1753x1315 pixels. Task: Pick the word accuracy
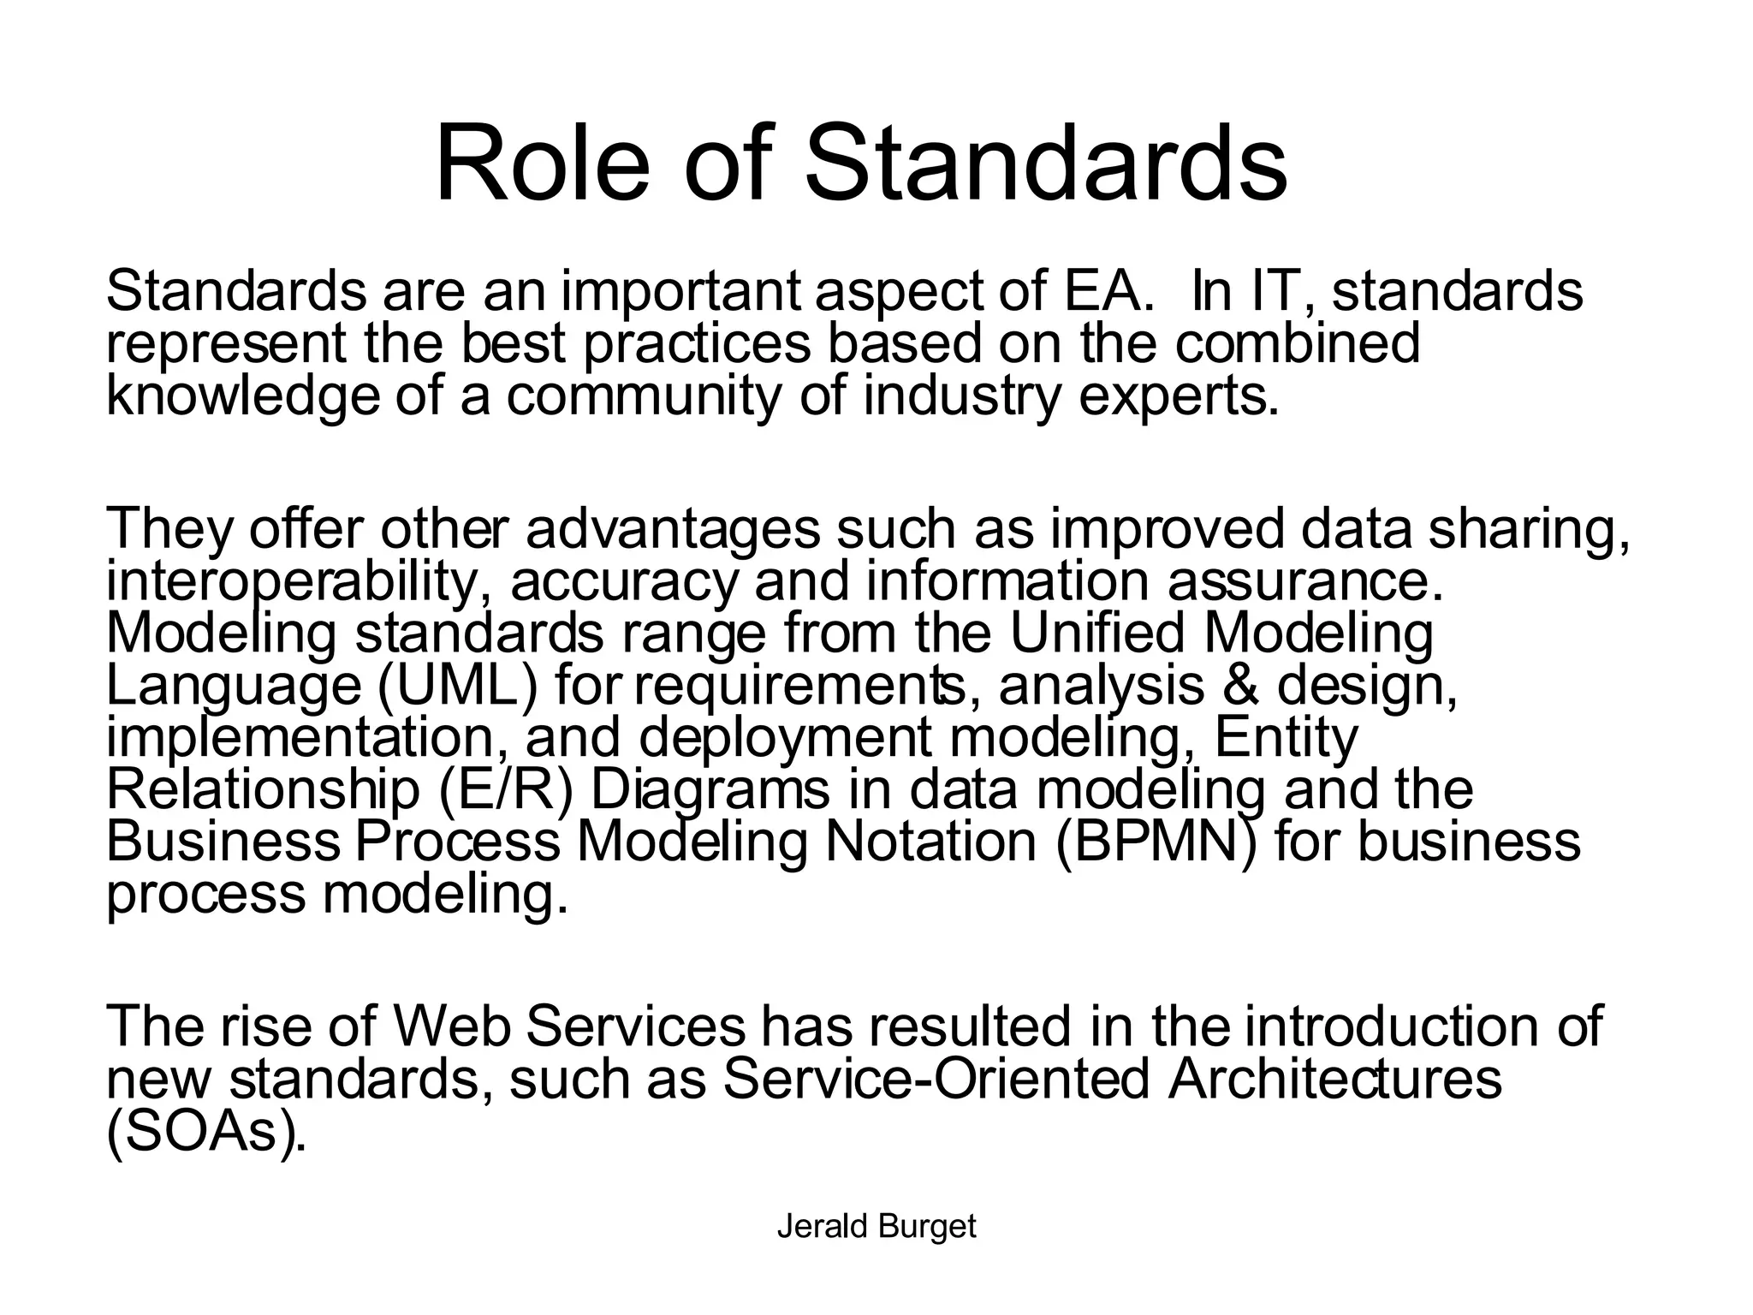pyautogui.click(x=623, y=582)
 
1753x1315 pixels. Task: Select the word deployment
pyautogui.click(x=786, y=738)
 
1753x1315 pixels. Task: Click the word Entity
pyautogui.click(x=1286, y=738)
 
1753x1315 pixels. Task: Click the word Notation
pyautogui.click(x=930, y=842)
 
